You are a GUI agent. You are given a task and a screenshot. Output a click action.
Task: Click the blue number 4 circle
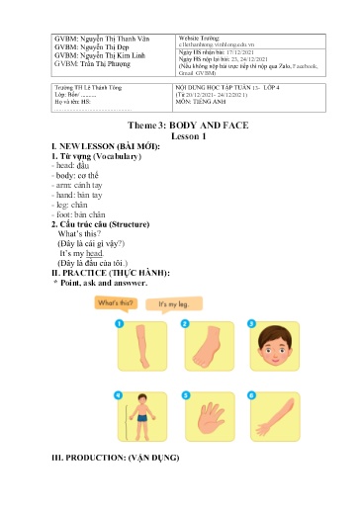point(118,394)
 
